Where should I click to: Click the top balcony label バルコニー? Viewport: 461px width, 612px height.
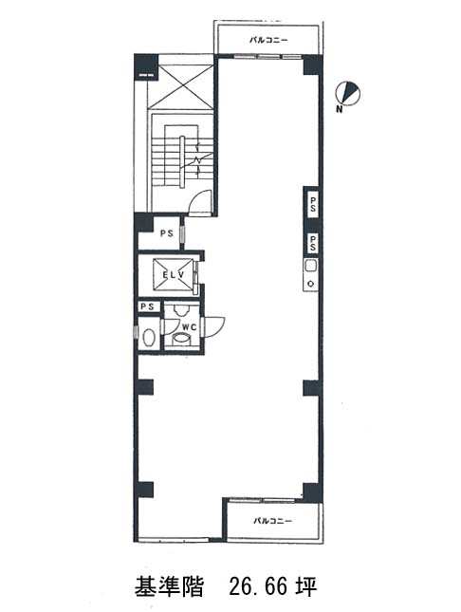268,40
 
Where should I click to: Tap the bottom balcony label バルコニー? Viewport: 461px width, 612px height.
272,521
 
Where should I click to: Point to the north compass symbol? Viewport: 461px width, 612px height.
348,94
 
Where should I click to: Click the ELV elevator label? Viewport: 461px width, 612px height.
174,275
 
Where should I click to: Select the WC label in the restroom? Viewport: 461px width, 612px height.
190,327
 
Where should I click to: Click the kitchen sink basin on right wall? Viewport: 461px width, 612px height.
311,267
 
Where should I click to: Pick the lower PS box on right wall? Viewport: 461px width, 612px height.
313,243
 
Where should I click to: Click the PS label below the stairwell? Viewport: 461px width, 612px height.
167,233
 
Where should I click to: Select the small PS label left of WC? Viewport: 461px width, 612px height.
148,306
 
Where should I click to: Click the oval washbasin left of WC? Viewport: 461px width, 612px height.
148,338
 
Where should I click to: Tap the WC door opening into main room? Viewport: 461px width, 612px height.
215,325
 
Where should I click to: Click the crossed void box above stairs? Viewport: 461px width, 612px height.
181,87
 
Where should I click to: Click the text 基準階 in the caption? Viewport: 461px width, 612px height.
169,586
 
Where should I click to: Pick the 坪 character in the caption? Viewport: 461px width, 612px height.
306,586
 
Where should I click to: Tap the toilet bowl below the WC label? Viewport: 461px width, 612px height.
180,338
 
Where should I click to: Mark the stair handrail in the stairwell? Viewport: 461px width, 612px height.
182,161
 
